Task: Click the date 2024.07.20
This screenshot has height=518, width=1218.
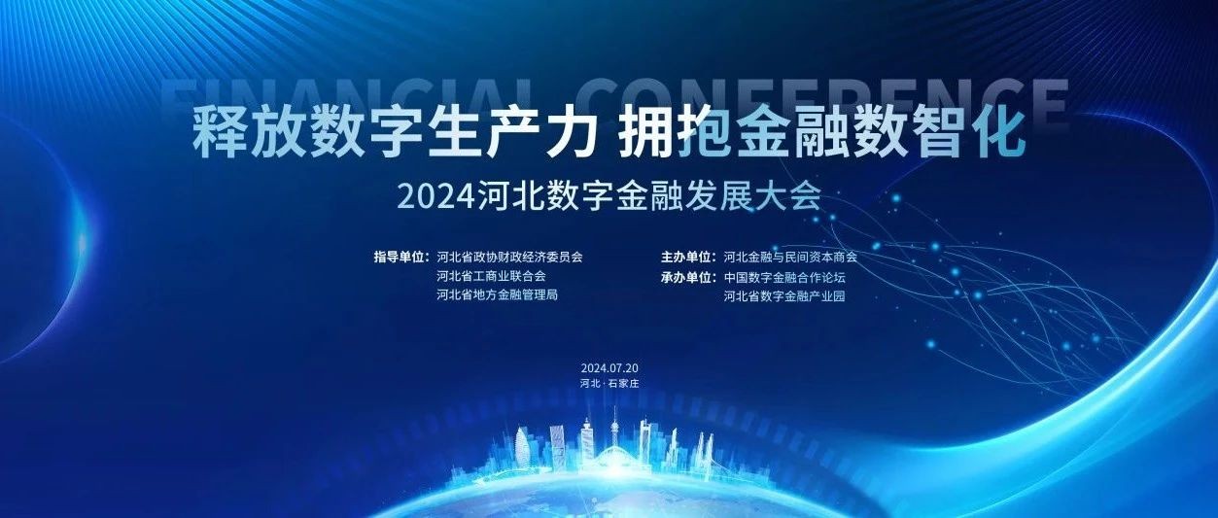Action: coord(609,368)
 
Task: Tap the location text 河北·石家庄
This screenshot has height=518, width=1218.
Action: coord(609,383)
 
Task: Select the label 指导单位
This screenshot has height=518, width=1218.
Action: coord(401,257)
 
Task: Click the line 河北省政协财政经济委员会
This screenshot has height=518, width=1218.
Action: coord(509,257)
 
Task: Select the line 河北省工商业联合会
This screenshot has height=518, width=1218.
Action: coord(491,276)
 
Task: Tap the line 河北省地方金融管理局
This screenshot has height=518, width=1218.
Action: coord(498,295)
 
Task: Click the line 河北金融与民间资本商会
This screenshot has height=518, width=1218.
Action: coord(790,257)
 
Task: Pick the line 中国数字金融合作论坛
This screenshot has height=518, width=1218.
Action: coord(784,277)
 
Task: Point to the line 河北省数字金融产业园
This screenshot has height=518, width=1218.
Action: coord(784,296)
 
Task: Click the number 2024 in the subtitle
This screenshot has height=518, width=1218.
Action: coord(435,198)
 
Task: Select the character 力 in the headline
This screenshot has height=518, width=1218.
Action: coord(566,134)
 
